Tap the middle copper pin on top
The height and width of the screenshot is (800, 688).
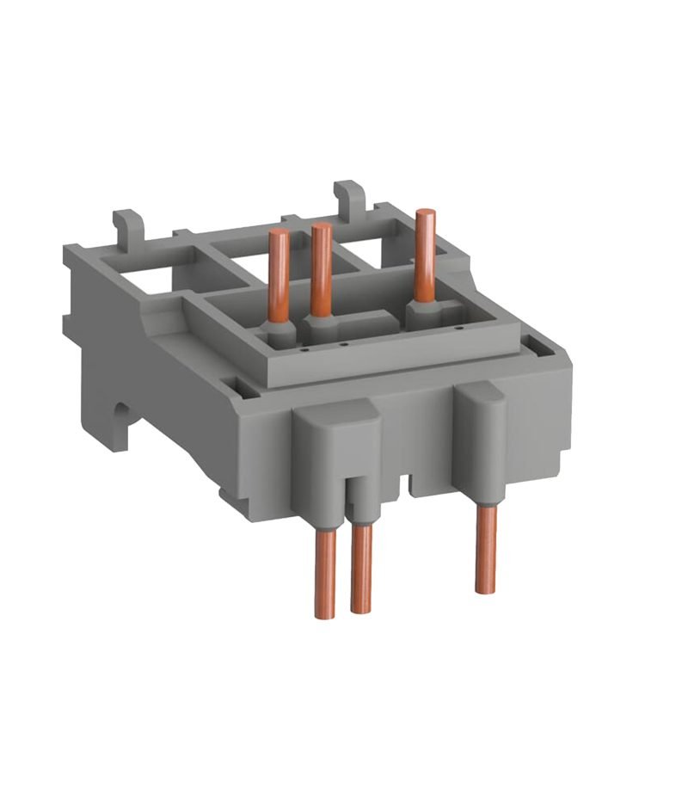[321, 271]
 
